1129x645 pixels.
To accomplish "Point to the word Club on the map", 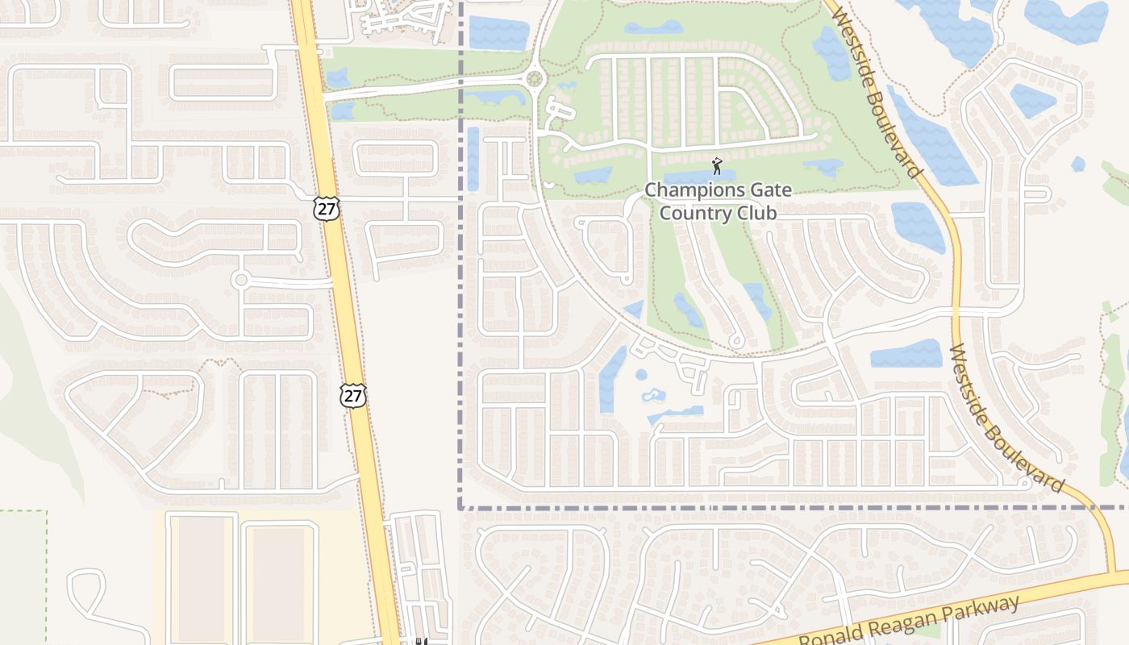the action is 757,213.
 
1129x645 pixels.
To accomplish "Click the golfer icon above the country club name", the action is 717,167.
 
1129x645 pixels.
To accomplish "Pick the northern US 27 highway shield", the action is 327,208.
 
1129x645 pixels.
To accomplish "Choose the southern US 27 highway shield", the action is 352,395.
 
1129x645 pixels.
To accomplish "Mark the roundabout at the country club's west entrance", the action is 535,79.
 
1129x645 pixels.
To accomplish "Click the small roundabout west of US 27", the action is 240,280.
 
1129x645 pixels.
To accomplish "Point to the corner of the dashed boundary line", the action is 460,509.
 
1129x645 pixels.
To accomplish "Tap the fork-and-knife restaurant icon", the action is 420,642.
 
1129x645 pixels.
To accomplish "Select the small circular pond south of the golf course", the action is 641,375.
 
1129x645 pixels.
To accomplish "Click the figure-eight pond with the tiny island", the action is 654,396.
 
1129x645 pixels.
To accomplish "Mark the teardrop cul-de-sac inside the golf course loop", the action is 735,339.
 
